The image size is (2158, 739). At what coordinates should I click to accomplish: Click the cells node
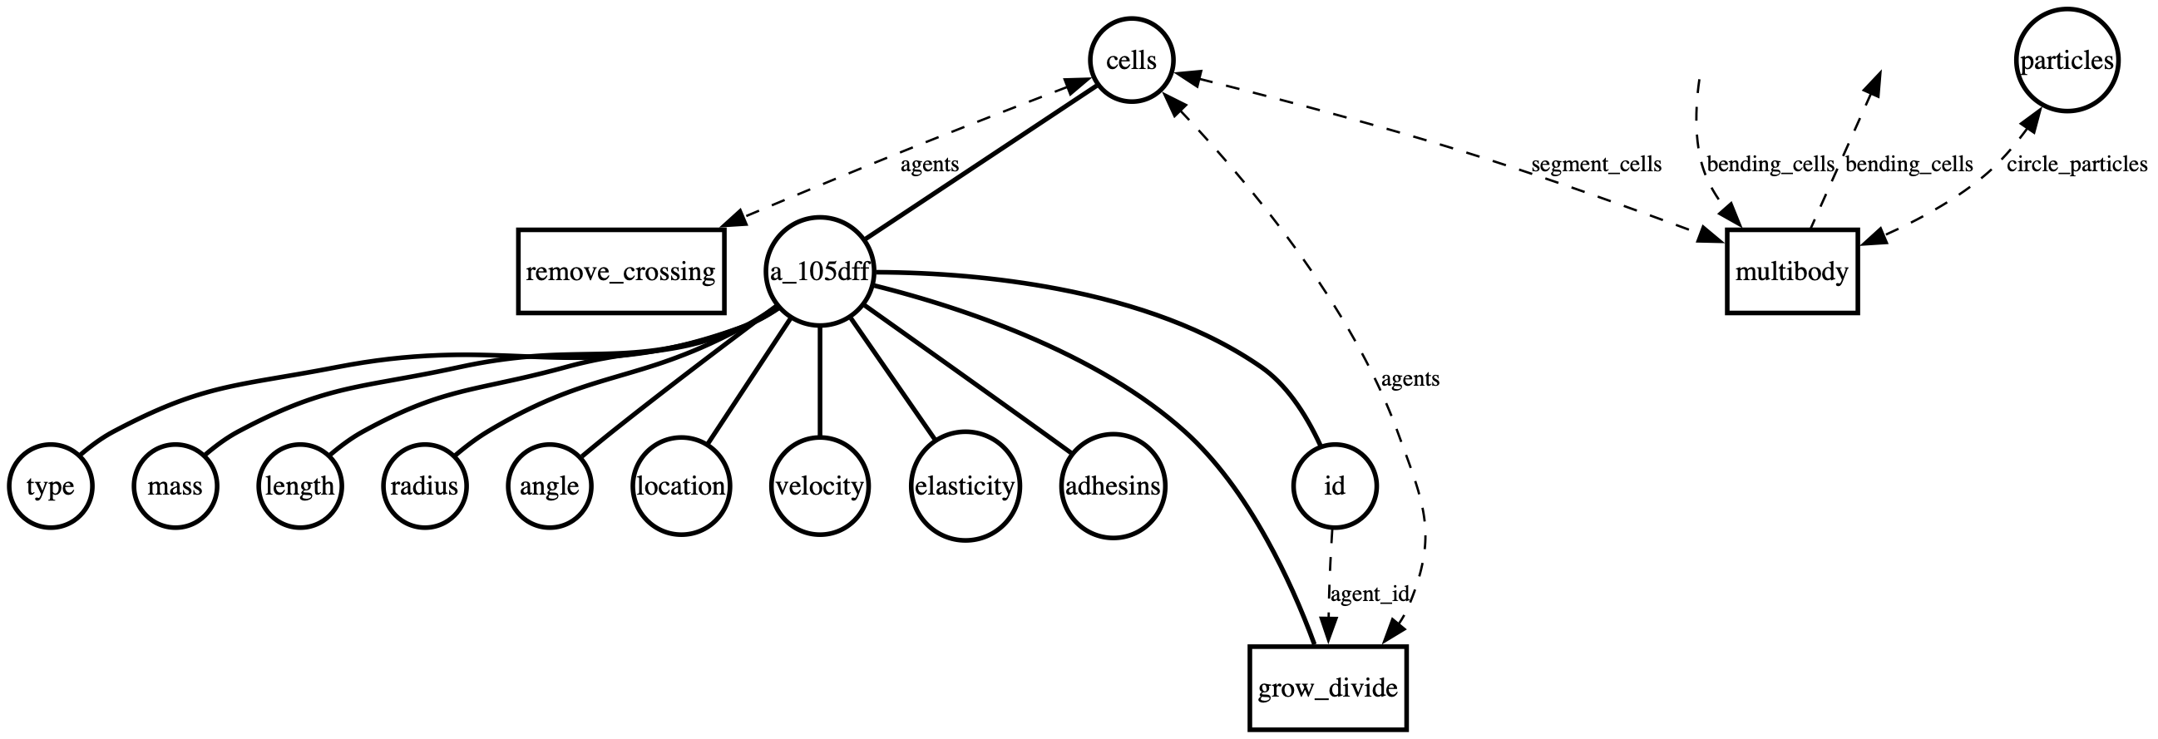point(1131,61)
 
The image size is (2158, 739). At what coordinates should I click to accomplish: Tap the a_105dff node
point(819,272)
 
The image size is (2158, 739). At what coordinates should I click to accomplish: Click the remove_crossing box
point(620,272)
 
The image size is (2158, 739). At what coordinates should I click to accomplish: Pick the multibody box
point(1793,272)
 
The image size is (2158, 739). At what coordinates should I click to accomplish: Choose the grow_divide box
point(1328,688)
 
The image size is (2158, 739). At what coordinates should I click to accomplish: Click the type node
point(50,486)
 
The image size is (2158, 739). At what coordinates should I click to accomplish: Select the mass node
point(175,486)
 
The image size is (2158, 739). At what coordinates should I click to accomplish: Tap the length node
point(300,486)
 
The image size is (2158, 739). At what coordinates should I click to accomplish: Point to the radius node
point(425,486)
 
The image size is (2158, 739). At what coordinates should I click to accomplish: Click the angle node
point(550,486)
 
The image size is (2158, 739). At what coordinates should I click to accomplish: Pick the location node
point(681,486)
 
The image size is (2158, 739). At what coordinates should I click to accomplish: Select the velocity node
point(819,486)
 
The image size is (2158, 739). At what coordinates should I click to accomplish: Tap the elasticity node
point(965,486)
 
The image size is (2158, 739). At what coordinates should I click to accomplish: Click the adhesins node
point(1113,486)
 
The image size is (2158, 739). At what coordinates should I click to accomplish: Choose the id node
point(1334,486)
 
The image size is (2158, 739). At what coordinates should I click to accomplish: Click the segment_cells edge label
point(1596,165)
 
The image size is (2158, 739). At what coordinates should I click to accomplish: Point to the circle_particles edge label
point(2077,165)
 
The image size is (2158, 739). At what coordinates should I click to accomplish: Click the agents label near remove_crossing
point(929,165)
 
